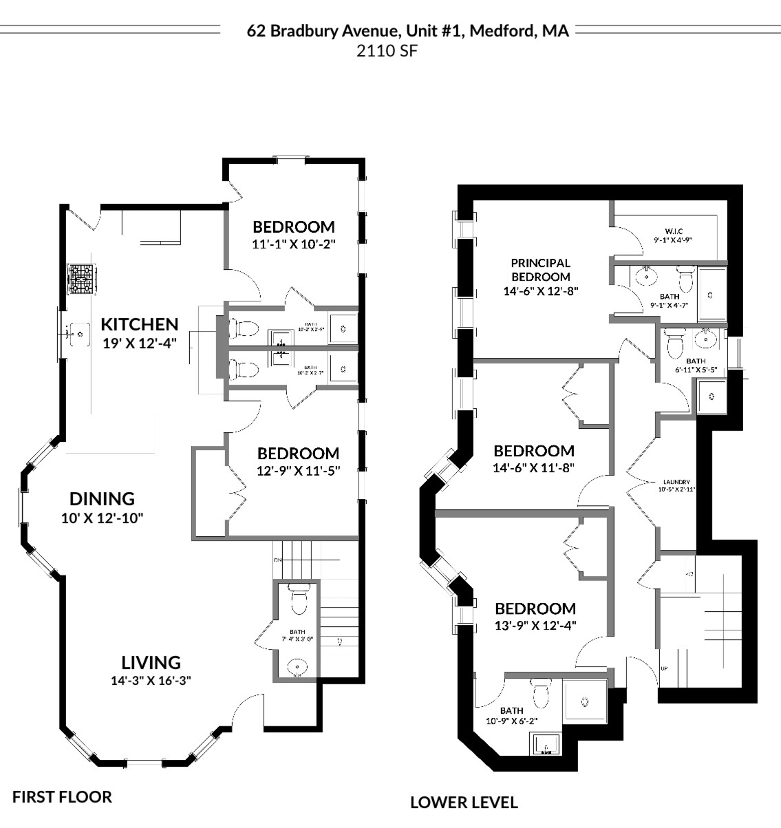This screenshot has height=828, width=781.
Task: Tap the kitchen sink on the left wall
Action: click(x=78, y=334)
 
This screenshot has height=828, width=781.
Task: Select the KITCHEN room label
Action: click(x=140, y=324)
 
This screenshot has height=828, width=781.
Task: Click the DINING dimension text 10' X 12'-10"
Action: click(x=102, y=518)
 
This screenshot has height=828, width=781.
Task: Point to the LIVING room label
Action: click(x=151, y=662)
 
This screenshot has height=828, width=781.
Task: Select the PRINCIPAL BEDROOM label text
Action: click(x=540, y=269)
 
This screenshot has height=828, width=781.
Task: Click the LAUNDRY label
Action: click(x=676, y=482)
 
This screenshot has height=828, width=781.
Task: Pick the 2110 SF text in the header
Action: click(x=386, y=50)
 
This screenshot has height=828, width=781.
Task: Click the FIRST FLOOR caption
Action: click(x=62, y=797)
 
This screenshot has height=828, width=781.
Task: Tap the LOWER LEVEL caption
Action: click(x=464, y=802)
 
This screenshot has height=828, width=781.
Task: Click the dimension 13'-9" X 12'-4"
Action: click(x=536, y=626)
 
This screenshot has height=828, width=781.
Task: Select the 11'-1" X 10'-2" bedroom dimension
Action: click(x=294, y=244)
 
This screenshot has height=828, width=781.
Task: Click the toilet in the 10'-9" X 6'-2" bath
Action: click(x=542, y=692)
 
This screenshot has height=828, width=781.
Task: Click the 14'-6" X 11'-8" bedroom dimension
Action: click(x=534, y=468)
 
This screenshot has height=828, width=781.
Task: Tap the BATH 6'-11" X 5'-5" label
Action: click(x=695, y=365)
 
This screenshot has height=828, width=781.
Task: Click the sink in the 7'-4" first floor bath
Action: click(x=297, y=666)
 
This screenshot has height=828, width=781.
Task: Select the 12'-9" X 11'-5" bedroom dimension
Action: click(x=298, y=471)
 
